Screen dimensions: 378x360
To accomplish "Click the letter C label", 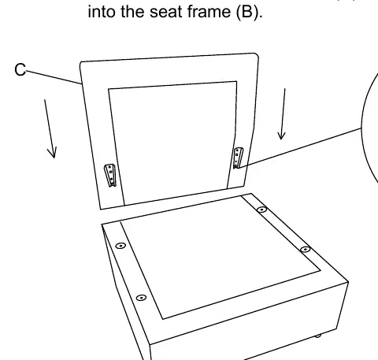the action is [20, 69].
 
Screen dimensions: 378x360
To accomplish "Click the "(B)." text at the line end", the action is [249, 12].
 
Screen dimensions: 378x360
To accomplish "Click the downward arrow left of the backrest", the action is [50, 128].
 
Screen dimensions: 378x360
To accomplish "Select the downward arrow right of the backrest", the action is [283, 114].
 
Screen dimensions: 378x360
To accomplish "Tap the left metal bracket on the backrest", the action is [110, 175].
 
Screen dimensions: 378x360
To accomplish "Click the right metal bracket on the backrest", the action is [238, 158].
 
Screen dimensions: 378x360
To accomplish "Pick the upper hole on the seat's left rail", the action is [120, 246].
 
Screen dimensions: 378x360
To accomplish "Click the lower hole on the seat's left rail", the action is [141, 298].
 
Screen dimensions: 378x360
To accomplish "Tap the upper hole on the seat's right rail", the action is [261, 210].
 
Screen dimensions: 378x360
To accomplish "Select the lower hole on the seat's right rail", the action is [305, 249].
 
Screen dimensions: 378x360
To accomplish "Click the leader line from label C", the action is [54, 77].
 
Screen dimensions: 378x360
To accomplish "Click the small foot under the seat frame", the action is [318, 336].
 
